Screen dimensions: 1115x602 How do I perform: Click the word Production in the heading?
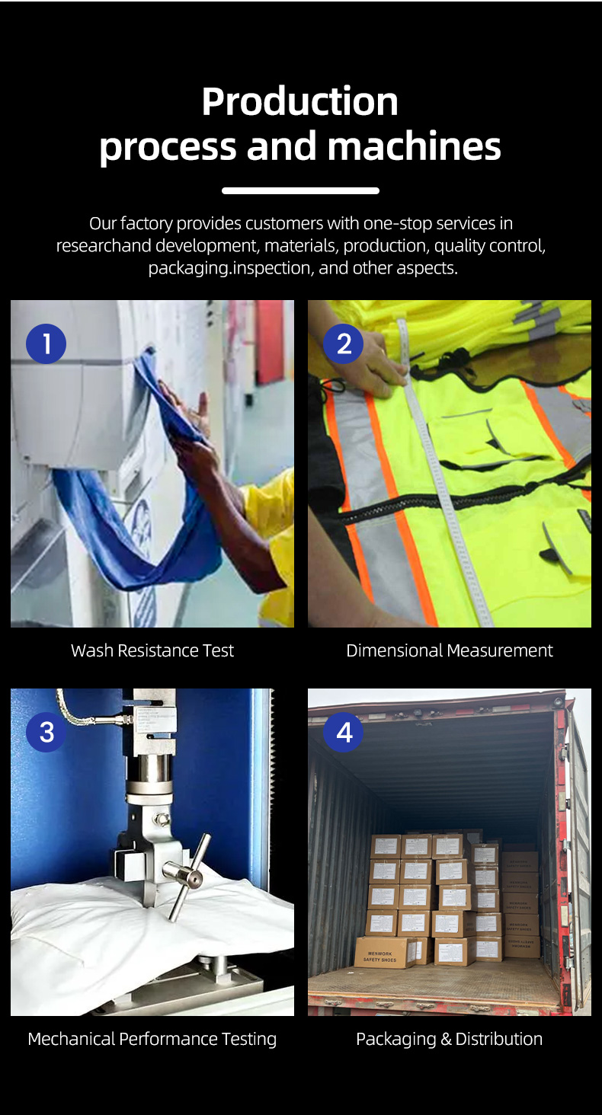(x=299, y=101)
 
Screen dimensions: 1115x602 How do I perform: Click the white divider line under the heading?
(x=300, y=190)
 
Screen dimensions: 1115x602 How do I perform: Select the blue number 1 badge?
(x=46, y=343)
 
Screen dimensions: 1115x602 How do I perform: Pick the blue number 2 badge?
(x=344, y=343)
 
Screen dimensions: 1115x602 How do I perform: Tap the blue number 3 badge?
(x=46, y=732)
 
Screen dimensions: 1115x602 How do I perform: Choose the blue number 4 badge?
(x=344, y=732)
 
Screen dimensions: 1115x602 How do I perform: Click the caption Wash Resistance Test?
(x=152, y=650)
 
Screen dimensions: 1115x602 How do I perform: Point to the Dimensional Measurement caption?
(x=450, y=650)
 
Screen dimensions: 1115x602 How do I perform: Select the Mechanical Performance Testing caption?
(x=152, y=1039)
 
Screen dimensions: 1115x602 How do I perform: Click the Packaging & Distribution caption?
(x=450, y=1039)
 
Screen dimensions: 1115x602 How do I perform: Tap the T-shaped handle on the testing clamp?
(x=187, y=876)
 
